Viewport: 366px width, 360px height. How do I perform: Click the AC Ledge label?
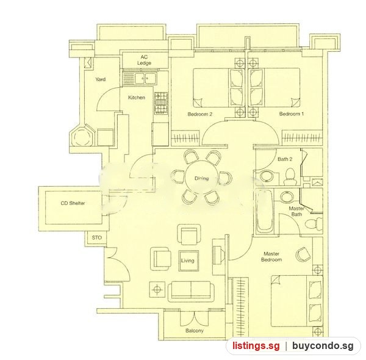pyautogui.click(x=144, y=60)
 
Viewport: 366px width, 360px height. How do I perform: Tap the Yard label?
pyautogui.click(x=101, y=79)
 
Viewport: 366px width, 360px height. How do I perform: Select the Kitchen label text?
pyautogui.click(x=137, y=98)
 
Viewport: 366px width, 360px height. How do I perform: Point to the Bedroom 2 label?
pyautogui.click(x=200, y=114)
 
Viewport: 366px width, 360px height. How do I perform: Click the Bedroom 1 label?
pyautogui.click(x=292, y=114)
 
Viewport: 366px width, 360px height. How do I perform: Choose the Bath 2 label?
pyautogui.click(x=285, y=159)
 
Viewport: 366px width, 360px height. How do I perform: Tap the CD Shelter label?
pyautogui.click(x=73, y=203)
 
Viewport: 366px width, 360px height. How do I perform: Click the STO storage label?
pyautogui.click(x=96, y=238)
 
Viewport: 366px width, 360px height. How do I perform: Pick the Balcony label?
pyautogui.click(x=195, y=331)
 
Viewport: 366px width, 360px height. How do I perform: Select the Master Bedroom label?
pyautogui.click(x=271, y=256)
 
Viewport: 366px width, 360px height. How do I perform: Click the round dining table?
pyautogui.click(x=202, y=178)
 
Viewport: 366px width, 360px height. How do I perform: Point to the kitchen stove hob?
pyautogui.click(x=161, y=104)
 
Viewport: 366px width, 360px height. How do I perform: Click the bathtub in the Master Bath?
pyautogui.click(x=265, y=211)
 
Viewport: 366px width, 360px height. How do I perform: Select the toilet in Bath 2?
pyautogui.click(x=290, y=177)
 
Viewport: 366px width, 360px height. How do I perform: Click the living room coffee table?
pyautogui.click(x=189, y=261)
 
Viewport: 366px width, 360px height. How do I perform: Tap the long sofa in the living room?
pyautogui.click(x=191, y=292)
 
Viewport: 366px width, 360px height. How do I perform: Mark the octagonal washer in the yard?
pyautogui.click(x=83, y=136)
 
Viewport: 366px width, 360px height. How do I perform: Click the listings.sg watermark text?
pyautogui.click(x=256, y=345)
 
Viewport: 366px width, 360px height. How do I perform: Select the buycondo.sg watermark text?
pyautogui.click(x=323, y=346)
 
